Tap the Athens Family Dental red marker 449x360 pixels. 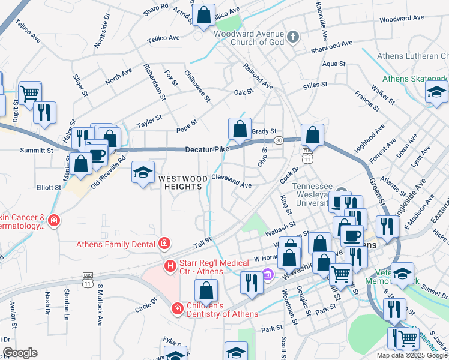click(163, 244)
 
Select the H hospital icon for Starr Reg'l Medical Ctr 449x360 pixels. click(170, 265)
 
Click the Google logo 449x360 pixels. click(20, 353)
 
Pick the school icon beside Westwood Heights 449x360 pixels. click(143, 173)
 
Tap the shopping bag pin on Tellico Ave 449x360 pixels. click(204, 15)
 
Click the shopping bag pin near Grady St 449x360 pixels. click(240, 128)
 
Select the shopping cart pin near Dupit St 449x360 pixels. click(29, 93)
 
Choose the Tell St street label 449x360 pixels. click(203, 241)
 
